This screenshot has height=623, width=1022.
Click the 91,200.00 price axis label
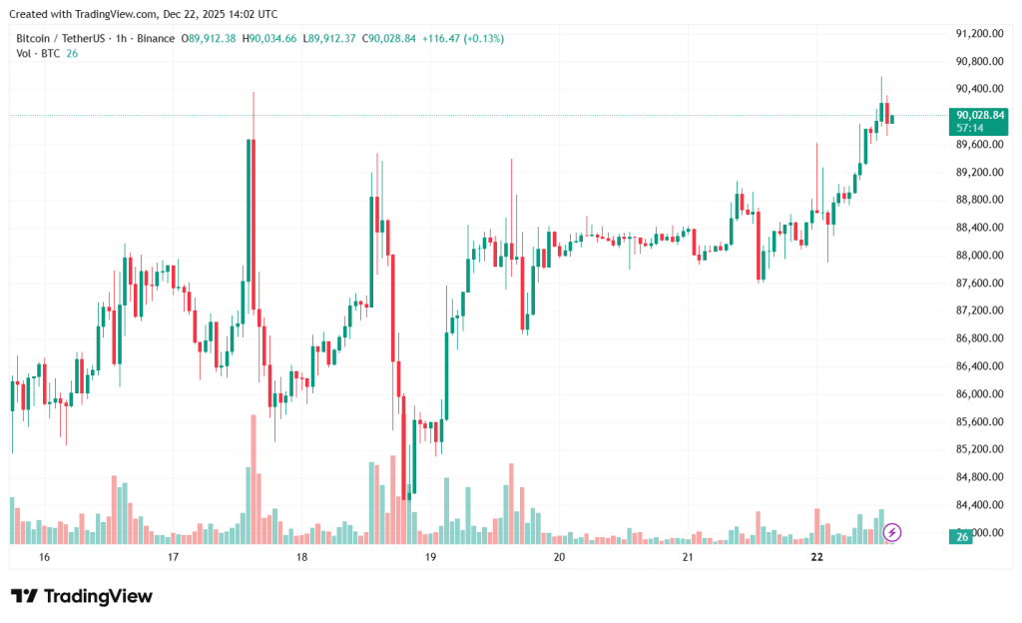(x=979, y=33)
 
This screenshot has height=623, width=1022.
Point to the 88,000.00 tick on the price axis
(x=979, y=255)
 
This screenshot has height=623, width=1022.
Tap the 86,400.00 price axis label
(x=979, y=365)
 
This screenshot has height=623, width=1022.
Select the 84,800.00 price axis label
(x=979, y=476)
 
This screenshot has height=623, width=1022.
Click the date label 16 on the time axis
(x=44, y=556)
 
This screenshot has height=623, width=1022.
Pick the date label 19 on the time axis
(x=430, y=556)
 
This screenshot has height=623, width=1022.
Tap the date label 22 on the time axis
(x=816, y=556)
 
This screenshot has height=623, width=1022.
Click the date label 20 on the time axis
(x=559, y=556)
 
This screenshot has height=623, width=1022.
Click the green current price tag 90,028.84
(x=979, y=115)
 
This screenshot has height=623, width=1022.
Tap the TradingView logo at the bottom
(x=82, y=596)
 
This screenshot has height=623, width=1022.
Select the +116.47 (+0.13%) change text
(x=463, y=38)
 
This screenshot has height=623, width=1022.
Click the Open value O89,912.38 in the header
(x=208, y=38)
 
